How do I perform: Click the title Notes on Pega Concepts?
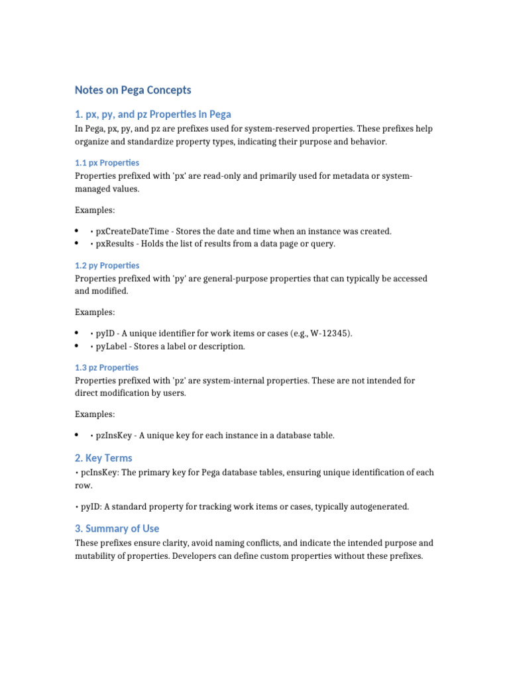pyautogui.click(x=133, y=90)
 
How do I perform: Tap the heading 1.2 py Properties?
pyautogui.click(x=107, y=266)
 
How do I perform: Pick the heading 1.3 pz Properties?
pyautogui.click(x=107, y=367)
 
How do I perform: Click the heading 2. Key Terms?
pyautogui.click(x=103, y=458)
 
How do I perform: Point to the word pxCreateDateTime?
pyautogui.click(x=130, y=231)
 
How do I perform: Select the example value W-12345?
pyautogui.click(x=329, y=333)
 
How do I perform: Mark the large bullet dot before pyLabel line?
pyautogui.click(x=78, y=346)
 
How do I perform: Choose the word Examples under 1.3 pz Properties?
pyautogui.click(x=94, y=414)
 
